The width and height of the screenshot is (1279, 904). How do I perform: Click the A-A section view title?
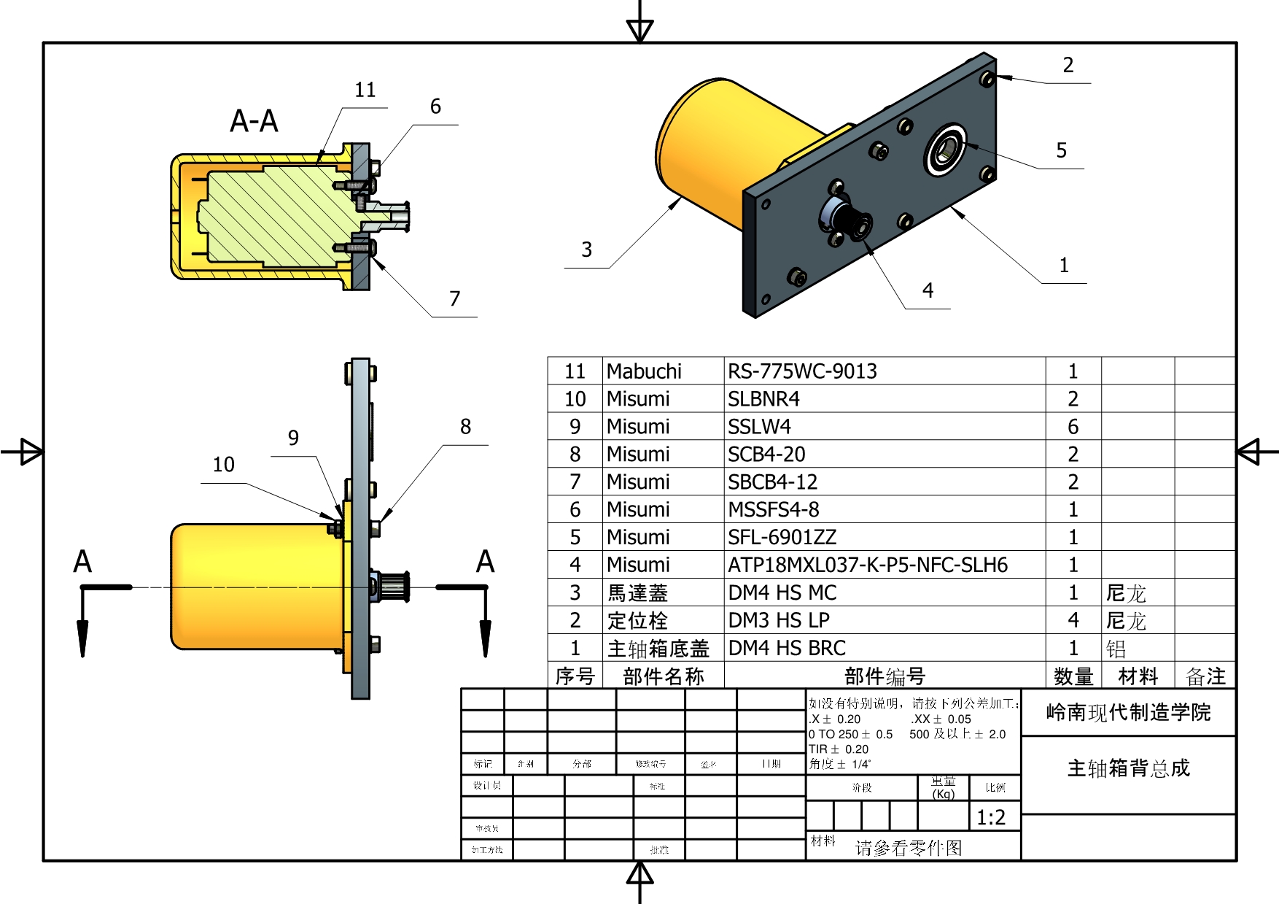[254, 121]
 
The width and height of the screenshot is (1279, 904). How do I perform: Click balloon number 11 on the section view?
[365, 90]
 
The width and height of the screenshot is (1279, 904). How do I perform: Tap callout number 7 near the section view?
[454, 298]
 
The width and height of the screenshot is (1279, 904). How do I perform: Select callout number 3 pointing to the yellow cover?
[586, 250]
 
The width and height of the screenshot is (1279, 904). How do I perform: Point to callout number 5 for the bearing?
[1061, 150]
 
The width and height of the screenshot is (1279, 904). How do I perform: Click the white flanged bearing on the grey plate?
[946, 150]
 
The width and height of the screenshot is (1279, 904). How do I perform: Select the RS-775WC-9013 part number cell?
[802, 371]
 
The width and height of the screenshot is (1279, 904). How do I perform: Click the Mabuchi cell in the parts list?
[644, 371]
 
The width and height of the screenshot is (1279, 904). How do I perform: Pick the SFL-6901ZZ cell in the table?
[782, 538]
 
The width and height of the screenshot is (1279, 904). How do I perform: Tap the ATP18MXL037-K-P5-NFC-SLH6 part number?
[868, 565]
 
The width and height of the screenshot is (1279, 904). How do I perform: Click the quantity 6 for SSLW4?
[1073, 427]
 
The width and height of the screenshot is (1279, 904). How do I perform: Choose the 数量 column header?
[1073, 676]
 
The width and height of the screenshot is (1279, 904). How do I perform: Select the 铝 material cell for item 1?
[1116, 649]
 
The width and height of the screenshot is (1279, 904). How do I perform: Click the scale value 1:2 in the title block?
[991, 817]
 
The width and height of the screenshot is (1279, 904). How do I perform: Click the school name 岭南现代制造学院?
[1128, 712]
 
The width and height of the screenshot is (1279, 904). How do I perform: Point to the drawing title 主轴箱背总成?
[1128, 768]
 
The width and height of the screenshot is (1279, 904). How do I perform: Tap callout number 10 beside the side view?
[223, 465]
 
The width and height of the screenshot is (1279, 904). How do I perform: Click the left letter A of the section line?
[82, 562]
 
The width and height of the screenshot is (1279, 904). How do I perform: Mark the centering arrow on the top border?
[639, 29]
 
